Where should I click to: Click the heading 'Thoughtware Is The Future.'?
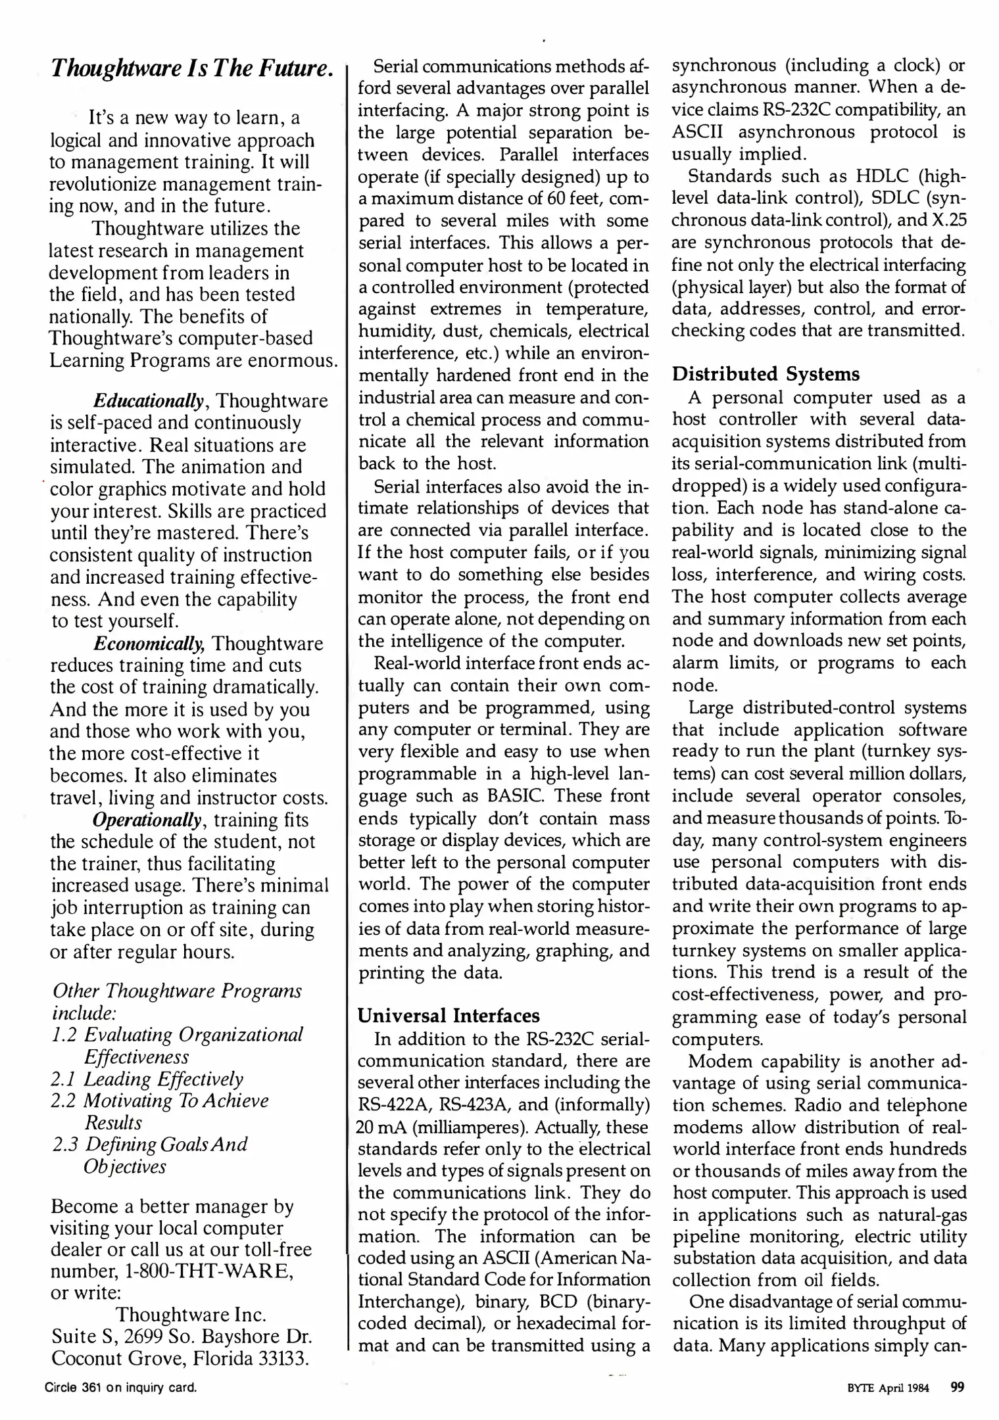pos(191,68)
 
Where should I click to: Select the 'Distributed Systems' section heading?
pos(765,374)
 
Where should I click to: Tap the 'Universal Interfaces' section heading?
pos(449,1016)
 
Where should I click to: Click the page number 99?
pos(958,1388)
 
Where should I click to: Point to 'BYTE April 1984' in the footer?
pos(888,1388)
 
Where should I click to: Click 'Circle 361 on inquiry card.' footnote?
pos(121,1388)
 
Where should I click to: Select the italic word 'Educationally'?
pos(149,400)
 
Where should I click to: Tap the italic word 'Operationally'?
pos(147,820)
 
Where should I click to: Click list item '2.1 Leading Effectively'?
pos(147,1079)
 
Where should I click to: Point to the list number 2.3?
pos(65,1145)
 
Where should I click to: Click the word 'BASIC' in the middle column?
pos(514,796)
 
